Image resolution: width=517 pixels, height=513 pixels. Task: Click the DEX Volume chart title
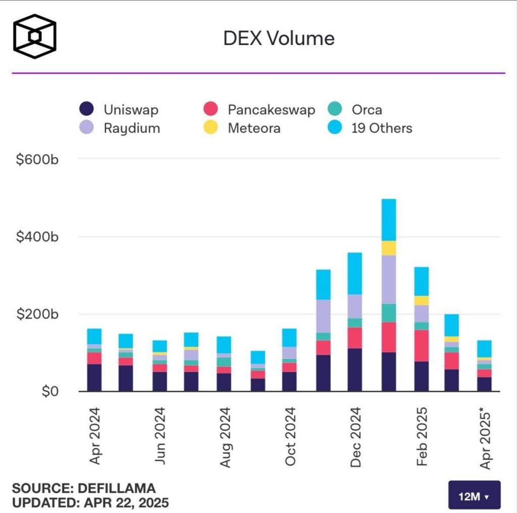coord(279,38)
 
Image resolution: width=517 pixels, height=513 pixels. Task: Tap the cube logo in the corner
coord(34,36)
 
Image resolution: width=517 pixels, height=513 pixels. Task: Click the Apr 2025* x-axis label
coord(486,437)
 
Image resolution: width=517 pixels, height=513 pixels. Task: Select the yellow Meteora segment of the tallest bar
coord(389,248)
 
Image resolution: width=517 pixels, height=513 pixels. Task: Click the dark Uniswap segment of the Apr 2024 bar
coord(94,377)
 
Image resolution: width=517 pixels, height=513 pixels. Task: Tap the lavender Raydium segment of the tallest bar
coord(389,279)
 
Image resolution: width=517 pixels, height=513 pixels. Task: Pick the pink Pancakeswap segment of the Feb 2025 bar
coord(421,346)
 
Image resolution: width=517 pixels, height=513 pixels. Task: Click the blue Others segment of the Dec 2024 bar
coord(355,273)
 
